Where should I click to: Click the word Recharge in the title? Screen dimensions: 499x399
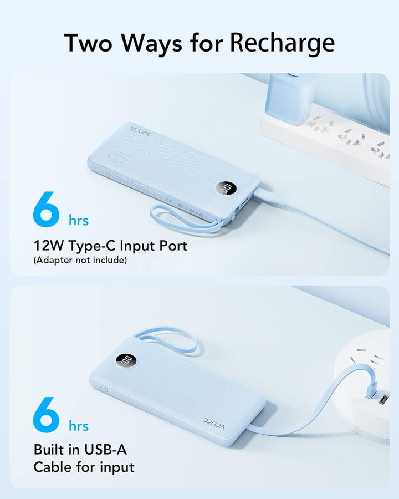coord(283,43)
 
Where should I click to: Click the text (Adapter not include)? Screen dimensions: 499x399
coord(80,260)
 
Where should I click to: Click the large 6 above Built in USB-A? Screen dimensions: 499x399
coord(47,415)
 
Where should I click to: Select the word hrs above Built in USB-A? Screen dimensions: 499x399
coord(79,426)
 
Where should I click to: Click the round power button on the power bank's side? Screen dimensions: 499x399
coord(103,388)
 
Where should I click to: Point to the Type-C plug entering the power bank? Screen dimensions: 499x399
coord(263,195)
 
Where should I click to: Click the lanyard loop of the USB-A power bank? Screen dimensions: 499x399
coord(169,339)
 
